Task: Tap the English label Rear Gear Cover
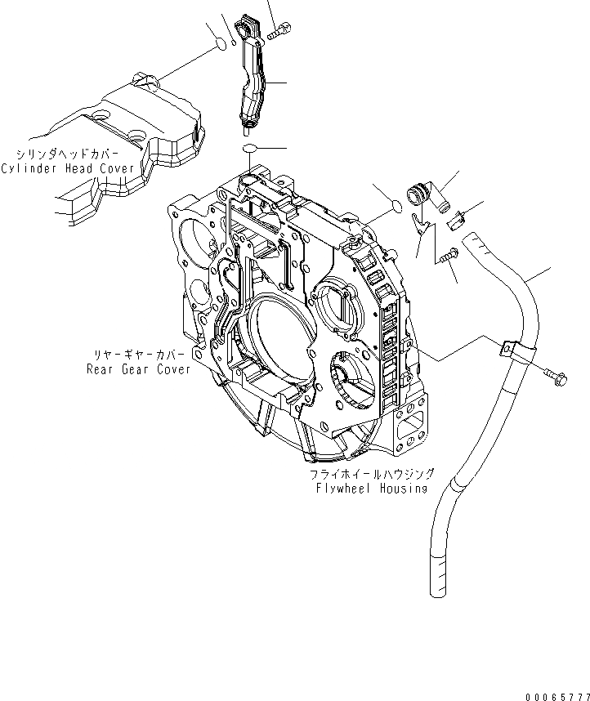138,368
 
